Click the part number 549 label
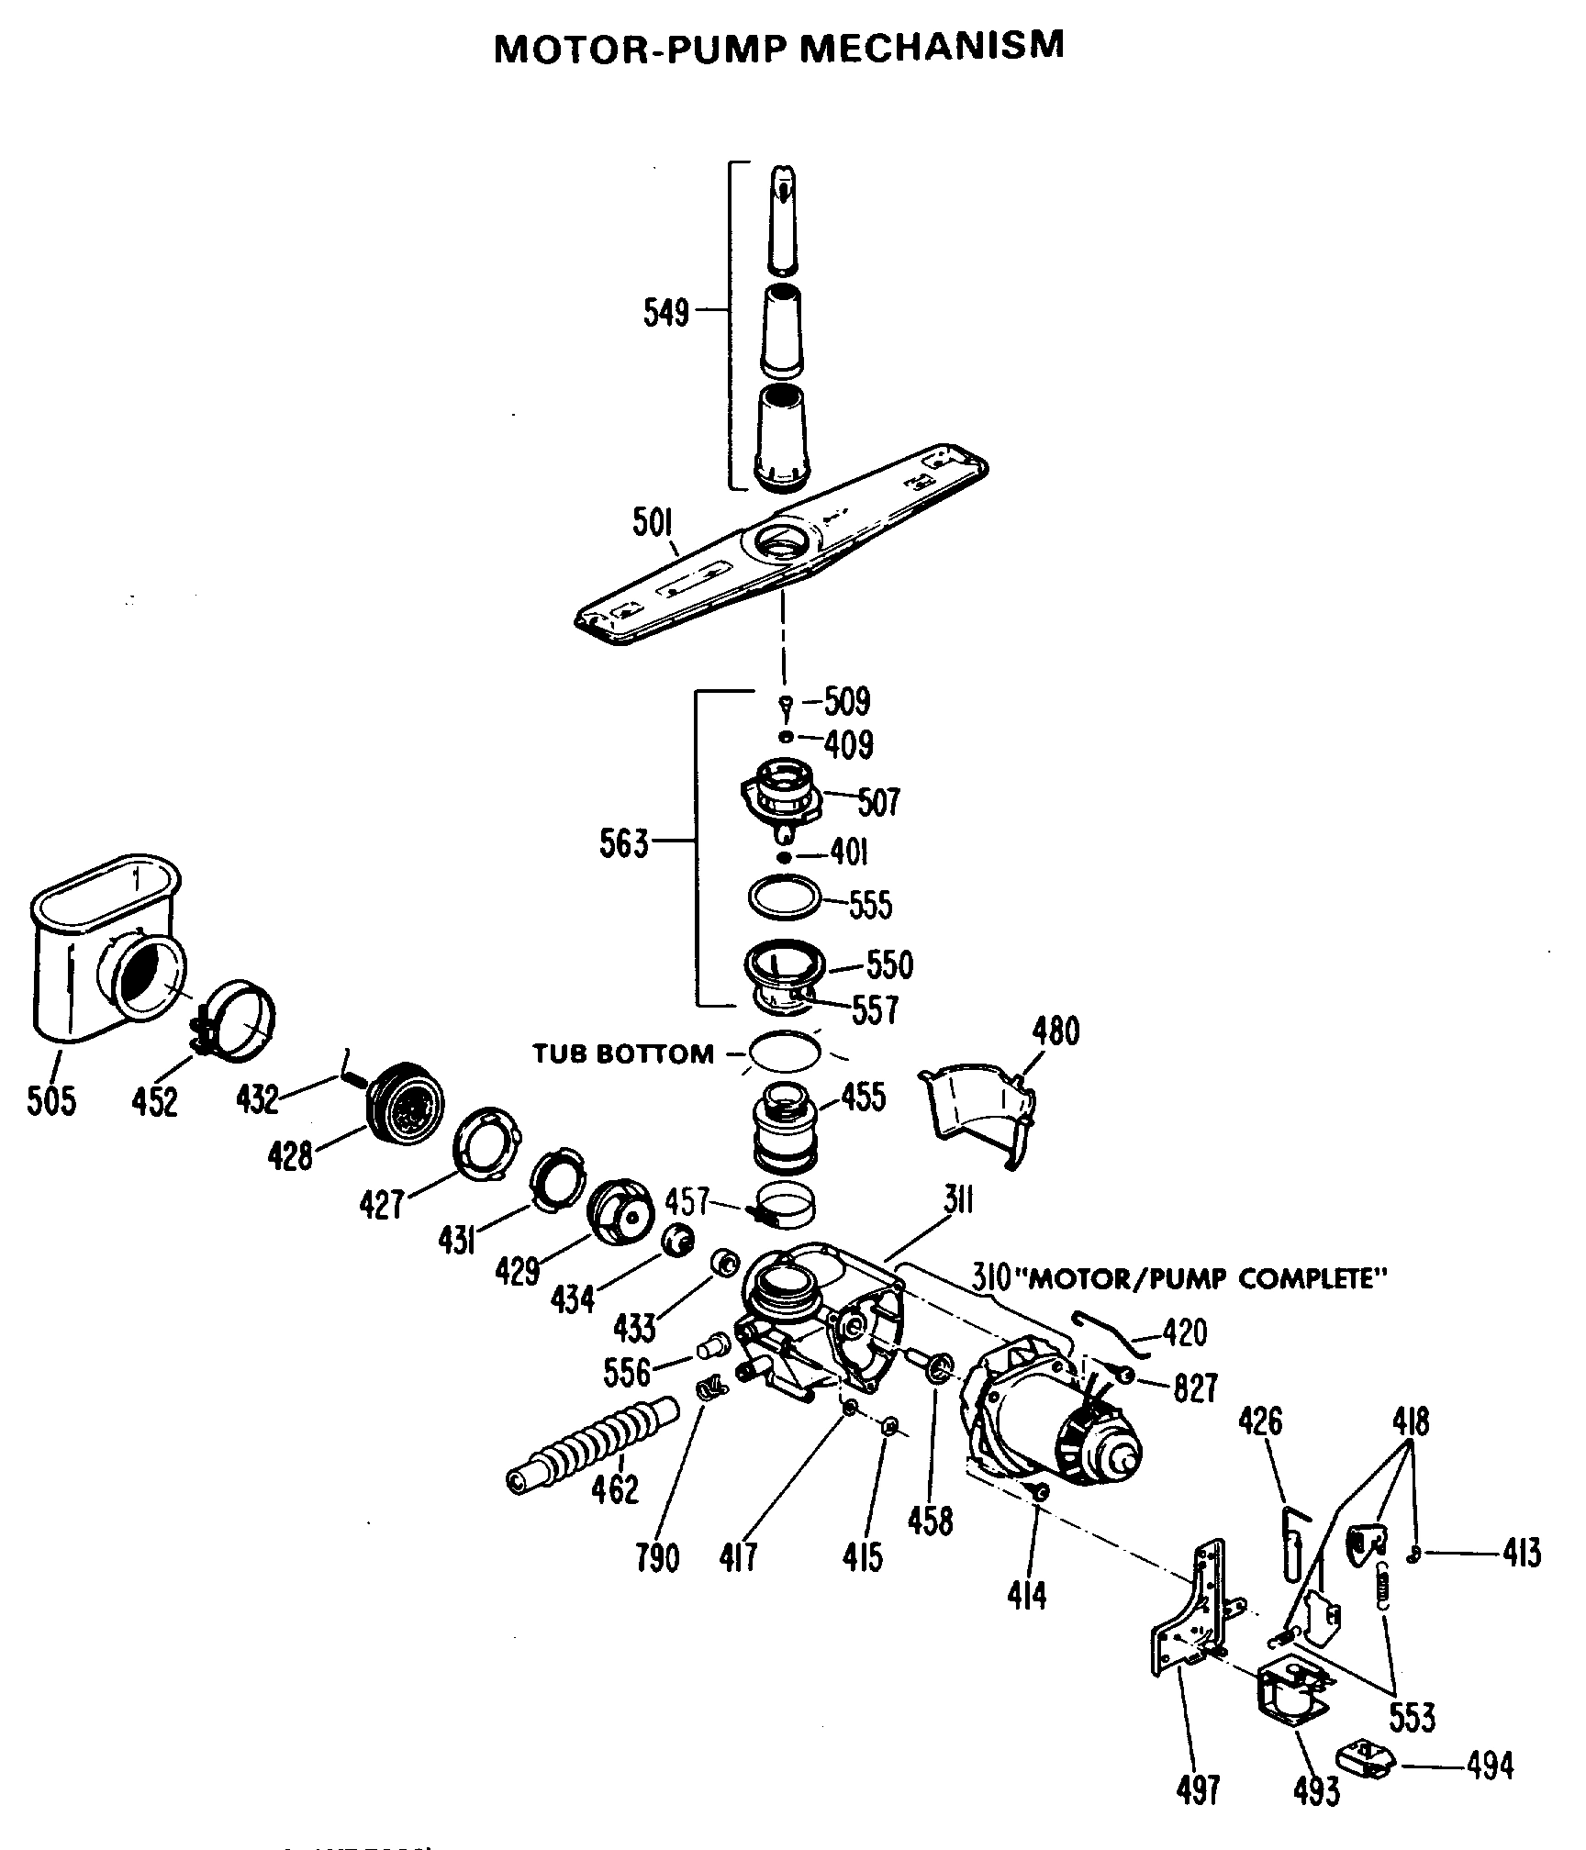tap(665, 313)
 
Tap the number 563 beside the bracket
tap(624, 842)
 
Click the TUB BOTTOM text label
tap(624, 1053)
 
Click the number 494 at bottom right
tap(1489, 1765)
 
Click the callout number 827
tap(1194, 1388)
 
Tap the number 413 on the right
tap(1522, 1554)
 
